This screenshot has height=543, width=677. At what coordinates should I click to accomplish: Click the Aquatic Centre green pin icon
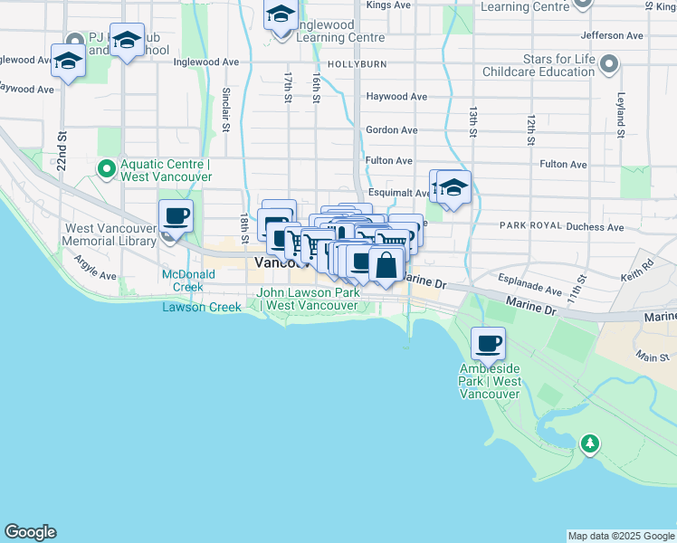[x=106, y=167]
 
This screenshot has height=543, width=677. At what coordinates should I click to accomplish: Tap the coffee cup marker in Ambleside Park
[x=488, y=344]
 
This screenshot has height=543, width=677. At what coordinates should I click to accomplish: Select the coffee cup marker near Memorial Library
[x=176, y=217]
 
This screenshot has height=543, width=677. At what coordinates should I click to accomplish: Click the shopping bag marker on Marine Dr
[x=386, y=266]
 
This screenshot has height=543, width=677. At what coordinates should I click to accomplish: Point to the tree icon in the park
[x=590, y=443]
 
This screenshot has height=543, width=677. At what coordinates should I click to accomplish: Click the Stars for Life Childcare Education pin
[x=609, y=64]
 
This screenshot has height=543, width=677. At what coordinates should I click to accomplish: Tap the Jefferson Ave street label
[x=613, y=35]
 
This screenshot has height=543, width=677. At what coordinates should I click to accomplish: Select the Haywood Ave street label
[x=396, y=96]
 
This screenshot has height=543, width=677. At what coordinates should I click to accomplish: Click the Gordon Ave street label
[x=391, y=130]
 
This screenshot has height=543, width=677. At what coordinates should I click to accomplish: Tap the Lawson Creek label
[x=202, y=307]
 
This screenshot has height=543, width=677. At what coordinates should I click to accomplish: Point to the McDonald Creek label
[x=183, y=281]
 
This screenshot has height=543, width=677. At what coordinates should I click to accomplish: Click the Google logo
[x=30, y=532]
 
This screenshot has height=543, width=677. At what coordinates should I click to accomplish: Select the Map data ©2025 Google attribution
[x=620, y=536]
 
